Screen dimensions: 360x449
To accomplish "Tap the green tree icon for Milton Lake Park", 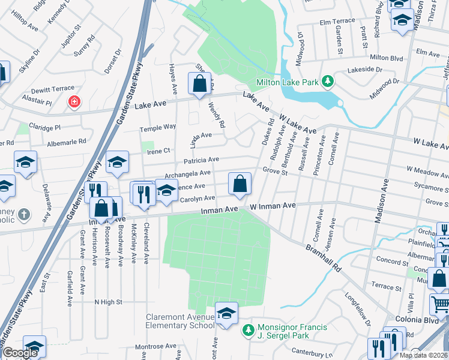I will tap(327, 81).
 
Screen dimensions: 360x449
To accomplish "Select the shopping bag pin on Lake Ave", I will tap(199, 85).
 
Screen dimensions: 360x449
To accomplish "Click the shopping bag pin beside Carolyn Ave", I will tap(240, 185).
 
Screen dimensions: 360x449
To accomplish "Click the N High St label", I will tap(108, 302).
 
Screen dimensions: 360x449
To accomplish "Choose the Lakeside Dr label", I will tap(362, 70).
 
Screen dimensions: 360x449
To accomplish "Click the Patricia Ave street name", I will tap(201, 160).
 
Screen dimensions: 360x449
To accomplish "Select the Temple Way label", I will tap(158, 127).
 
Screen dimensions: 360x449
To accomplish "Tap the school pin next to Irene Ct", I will tap(117, 162).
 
